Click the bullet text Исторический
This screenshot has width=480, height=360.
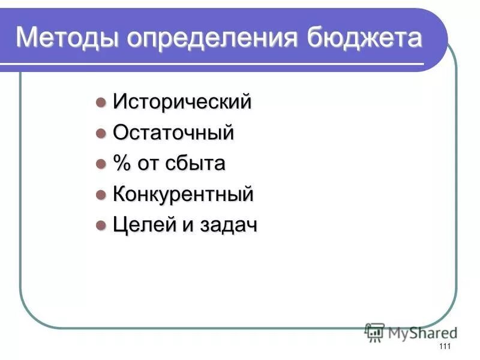tap(182, 102)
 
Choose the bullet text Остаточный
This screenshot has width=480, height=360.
tap(173, 133)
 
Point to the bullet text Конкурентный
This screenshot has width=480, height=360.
tap(183, 194)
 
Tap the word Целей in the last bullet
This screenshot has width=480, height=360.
tap(142, 225)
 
